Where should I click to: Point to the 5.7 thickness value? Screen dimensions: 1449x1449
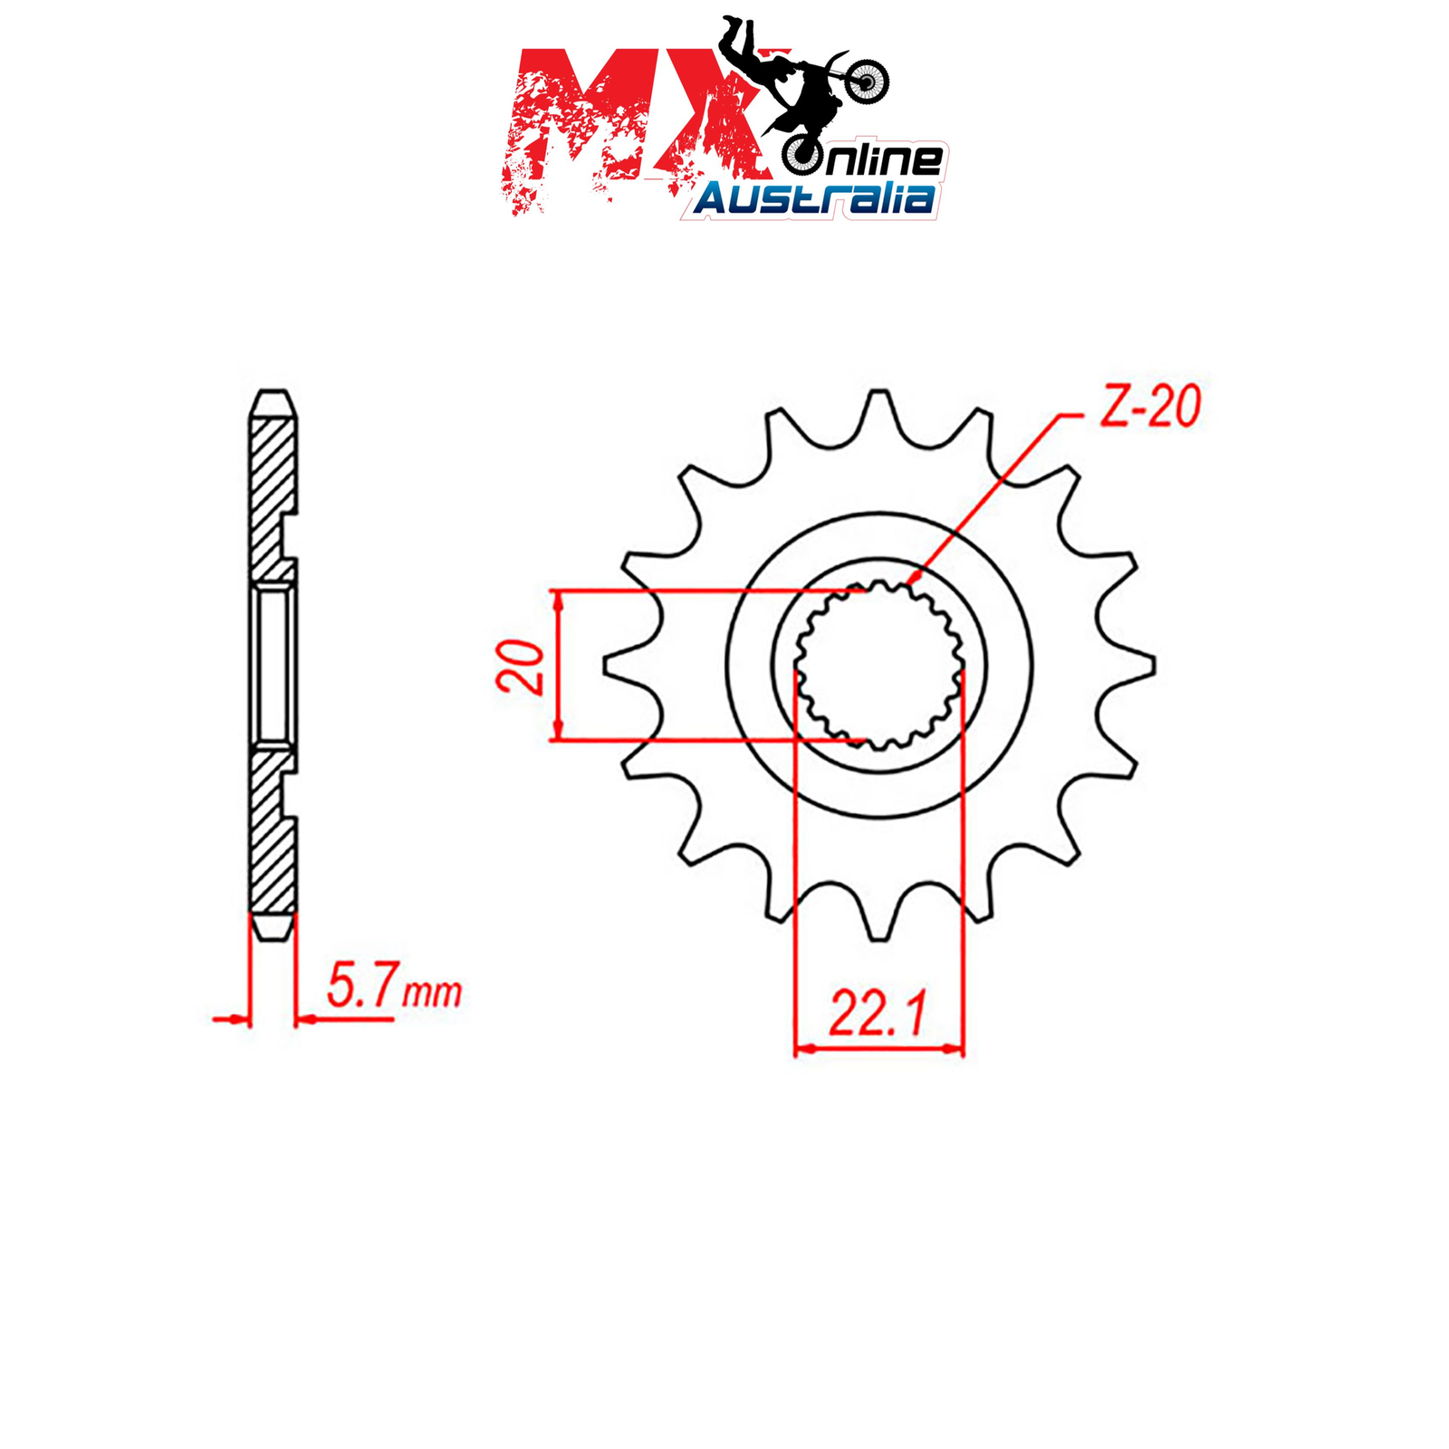coord(361,987)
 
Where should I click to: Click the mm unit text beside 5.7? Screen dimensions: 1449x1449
coord(432,993)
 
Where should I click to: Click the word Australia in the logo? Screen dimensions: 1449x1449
coord(813,197)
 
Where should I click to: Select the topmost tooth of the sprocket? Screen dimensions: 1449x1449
coord(878,417)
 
